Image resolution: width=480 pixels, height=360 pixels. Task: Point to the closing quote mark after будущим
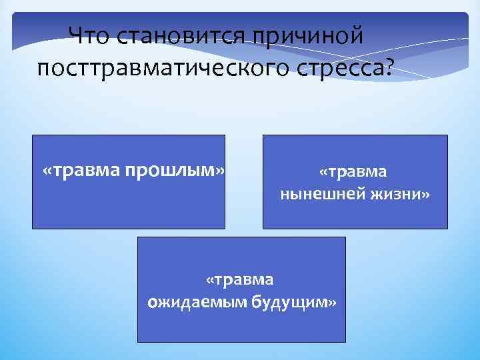[x=332, y=302]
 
